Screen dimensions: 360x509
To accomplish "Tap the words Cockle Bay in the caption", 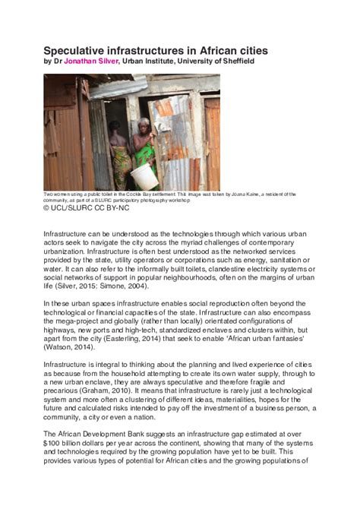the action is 155,194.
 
